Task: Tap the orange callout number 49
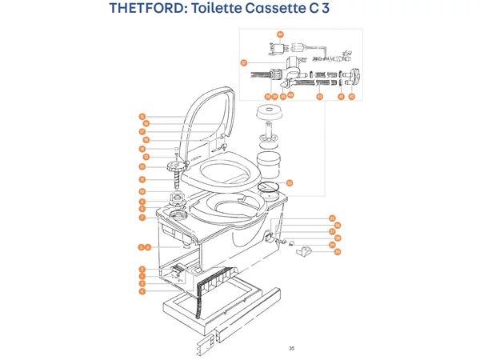[280, 34]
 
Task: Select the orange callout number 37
[243, 62]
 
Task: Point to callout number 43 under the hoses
[318, 96]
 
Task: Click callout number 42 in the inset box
[351, 96]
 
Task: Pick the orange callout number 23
[290, 182]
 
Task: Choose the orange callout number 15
[141, 117]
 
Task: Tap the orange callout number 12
[141, 167]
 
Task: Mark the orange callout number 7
[141, 218]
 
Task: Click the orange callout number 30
[338, 252]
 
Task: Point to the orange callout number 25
[332, 218]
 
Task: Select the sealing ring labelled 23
[270, 190]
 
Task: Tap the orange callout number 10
[141, 192]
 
